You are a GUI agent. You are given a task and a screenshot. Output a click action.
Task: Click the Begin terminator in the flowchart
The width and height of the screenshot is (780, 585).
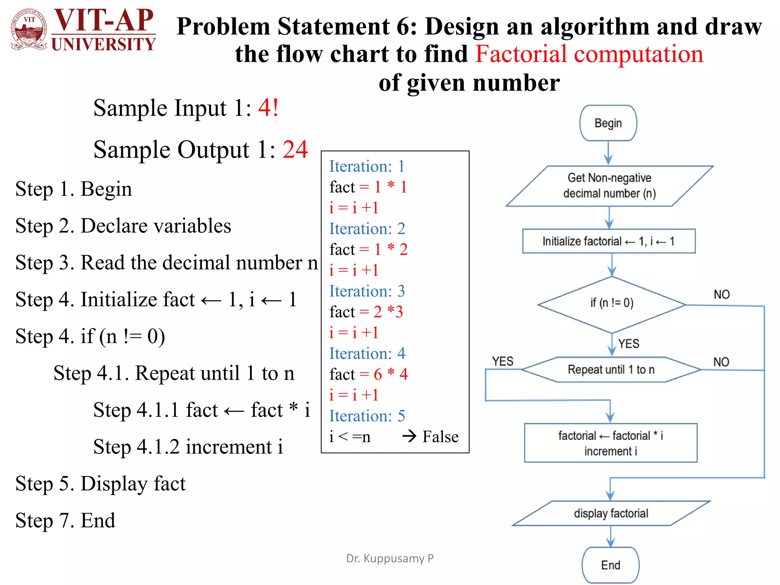[x=608, y=123]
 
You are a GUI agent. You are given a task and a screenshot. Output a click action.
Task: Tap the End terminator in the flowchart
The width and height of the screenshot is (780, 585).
[x=611, y=565]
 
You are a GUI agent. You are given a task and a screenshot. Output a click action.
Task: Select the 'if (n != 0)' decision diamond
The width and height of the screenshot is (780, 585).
[x=612, y=304]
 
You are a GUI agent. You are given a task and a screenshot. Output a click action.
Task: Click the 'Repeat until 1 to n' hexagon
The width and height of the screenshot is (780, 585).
[x=611, y=369]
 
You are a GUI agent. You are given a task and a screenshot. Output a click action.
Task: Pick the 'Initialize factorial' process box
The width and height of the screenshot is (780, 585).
[x=609, y=241]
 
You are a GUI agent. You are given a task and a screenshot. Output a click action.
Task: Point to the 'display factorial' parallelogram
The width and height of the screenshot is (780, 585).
[x=611, y=513]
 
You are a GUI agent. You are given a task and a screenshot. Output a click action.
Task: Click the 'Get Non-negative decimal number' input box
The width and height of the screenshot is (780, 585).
[x=609, y=186]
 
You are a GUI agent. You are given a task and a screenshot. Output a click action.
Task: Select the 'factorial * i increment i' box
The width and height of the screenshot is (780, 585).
[x=611, y=443]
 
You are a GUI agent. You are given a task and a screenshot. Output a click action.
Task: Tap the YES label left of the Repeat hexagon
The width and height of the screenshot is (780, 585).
[x=502, y=361]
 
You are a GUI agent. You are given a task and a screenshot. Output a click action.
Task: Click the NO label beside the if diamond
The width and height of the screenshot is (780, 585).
[x=721, y=294]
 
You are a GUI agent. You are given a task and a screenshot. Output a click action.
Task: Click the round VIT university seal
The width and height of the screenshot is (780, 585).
[x=30, y=30]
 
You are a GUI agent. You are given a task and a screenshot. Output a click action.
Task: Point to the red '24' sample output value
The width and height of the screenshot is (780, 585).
[x=295, y=149]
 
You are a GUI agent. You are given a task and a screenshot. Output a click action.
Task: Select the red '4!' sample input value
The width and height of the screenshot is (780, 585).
[x=269, y=108]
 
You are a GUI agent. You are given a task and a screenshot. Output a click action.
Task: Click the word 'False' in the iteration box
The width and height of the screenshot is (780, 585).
[x=440, y=436]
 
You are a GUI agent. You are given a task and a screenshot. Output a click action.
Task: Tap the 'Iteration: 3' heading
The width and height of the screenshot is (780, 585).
[x=367, y=291]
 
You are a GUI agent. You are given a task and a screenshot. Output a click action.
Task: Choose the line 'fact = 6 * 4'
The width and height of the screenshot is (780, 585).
[x=368, y=374]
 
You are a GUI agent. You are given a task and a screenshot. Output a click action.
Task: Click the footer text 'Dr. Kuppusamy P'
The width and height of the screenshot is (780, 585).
[x=390, y=558]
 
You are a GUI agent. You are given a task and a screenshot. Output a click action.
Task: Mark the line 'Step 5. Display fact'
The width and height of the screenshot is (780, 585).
[x=101, y=484]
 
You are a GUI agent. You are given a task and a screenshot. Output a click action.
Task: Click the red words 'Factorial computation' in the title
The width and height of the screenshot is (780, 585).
[x=589, y=54]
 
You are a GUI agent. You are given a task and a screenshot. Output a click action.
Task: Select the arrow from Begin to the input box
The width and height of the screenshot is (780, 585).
[x=608, y=153]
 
